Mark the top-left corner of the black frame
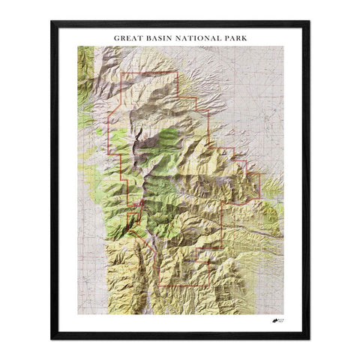pos(52,21)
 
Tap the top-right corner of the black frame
pos(309,21)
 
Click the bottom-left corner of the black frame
pos(52,339)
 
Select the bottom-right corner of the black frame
pos(309,339)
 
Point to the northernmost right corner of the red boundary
pos(177,73)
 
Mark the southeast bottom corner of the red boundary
pos(223,248)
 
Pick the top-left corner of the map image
pos(77,46)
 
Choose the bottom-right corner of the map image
pos(283,313)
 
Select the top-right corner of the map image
pos(283,46)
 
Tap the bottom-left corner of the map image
pos(77,313)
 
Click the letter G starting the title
pos(116,35)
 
